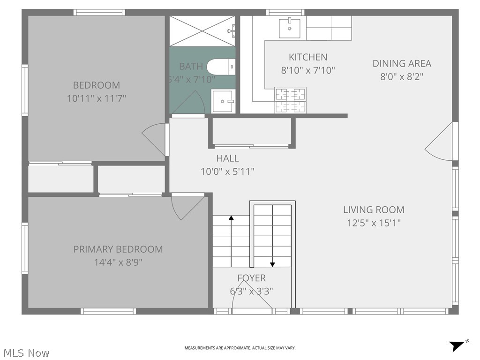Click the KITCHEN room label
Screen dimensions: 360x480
click(x=307, y=57)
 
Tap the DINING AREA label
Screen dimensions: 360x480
click(x=402, y=63)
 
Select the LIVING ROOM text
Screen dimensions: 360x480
click(x=374, y=210)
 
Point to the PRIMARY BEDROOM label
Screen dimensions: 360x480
click(x=118, y=249)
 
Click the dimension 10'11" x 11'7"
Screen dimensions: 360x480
click(x=96, y=98)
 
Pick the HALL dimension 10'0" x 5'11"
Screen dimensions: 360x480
click(x=227, y=172)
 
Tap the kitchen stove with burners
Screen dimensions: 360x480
click(x=290, y=100)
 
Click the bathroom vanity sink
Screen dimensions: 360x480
click(x=224, y=101)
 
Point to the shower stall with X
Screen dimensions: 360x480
click(x=202, y=31)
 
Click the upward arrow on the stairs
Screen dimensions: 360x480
click(x=231, y=218)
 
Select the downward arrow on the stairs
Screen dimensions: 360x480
click(x=272, y=263)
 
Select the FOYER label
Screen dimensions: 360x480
click(x=251, y=278)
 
